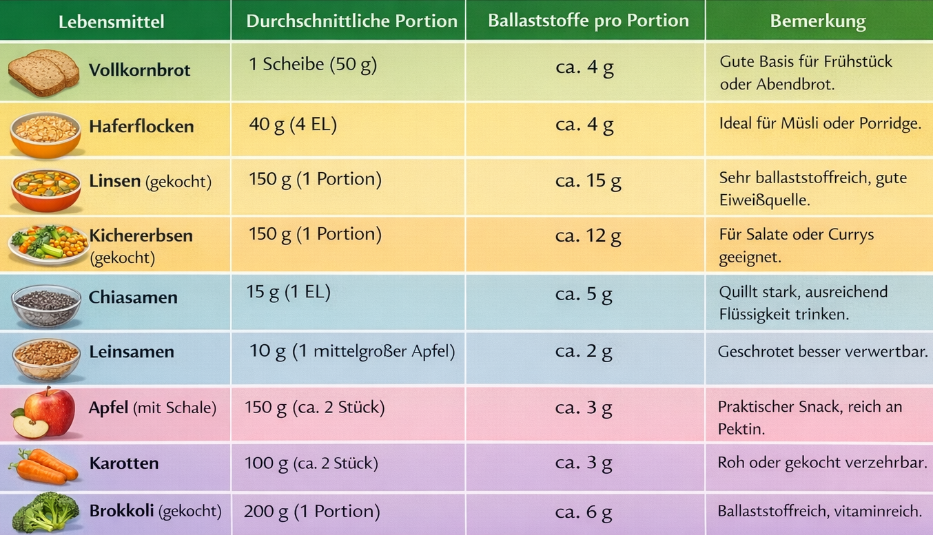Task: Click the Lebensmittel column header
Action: [x=111, y=21]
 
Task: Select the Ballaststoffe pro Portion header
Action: [x=588, y=21]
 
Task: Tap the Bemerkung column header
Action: [x=817, y=21]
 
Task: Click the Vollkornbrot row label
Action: [x=139, y=70]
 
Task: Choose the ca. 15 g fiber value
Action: [x=588, y=181]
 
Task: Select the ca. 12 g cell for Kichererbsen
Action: [x=588, y=237]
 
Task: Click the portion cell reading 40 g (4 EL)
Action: [x=293, y=125]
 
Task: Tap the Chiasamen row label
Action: [x=133, y=297]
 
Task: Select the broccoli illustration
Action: [x=45, y=512]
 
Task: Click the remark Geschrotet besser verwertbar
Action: [x=821, y=352]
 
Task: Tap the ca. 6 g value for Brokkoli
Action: [x=584, y=512]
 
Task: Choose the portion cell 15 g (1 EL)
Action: [x=288, y=292]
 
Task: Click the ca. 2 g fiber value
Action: [x=584, y=352]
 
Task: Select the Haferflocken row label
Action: [x=141, y=127]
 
